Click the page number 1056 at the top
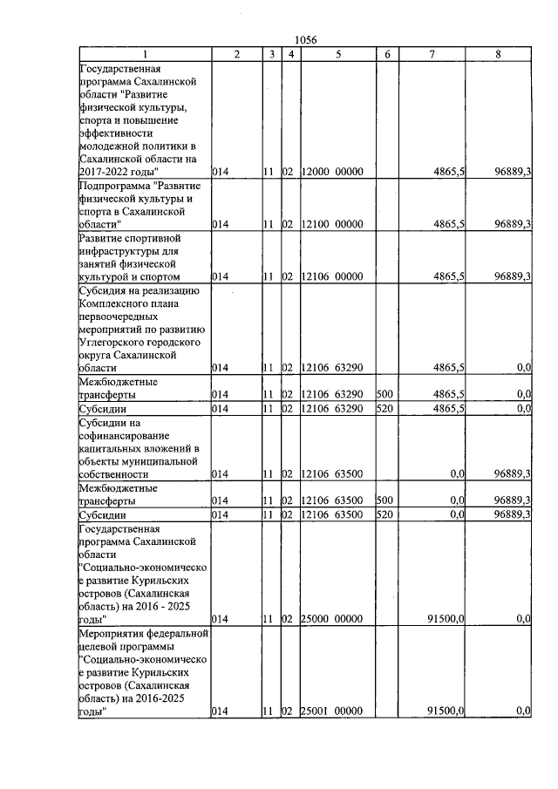coord(306,39)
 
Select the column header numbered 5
coord(337,54)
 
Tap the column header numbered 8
coord(498,54)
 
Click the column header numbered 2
coord(236,54)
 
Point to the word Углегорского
coord(121,342)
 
